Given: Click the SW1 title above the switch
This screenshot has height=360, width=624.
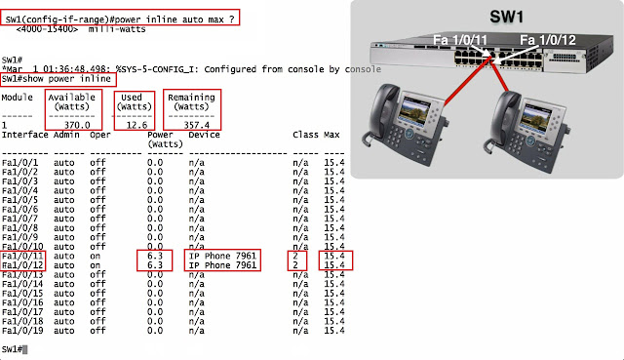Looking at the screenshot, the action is pos(506,18).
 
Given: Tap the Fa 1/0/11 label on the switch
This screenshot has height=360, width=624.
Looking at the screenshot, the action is pos(460,40).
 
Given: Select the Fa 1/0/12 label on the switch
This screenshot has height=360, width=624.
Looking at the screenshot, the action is pos(548,40).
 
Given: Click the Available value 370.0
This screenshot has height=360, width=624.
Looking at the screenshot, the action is pos(77,125).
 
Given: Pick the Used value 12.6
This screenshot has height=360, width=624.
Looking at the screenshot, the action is pos(136,125).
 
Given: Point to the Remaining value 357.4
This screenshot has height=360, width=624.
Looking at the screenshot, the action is pos(197,125).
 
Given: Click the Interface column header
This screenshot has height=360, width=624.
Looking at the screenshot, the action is pos(24,135).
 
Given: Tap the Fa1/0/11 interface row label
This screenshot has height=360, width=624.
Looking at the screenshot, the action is pos(22,256).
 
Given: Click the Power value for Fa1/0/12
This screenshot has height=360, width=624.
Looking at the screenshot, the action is pos(155,265).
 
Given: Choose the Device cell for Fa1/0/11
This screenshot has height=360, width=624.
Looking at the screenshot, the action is pos(222,256).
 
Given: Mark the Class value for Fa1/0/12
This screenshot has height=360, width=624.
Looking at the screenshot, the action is pos(295,265).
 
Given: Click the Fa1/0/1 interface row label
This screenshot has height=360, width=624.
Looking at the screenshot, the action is pos(19,163).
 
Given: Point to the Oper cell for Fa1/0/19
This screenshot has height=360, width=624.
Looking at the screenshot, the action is pos(97,331).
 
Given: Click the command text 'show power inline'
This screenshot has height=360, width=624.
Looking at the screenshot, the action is pos(66,79).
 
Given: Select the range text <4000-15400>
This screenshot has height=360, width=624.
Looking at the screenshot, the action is pos(47,29).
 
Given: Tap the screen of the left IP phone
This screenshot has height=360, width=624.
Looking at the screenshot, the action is pos(416,109).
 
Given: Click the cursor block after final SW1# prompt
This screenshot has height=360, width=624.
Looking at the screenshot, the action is pos(25,349).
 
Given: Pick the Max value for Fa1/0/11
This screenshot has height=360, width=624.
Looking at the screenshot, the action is pos(334,256).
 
